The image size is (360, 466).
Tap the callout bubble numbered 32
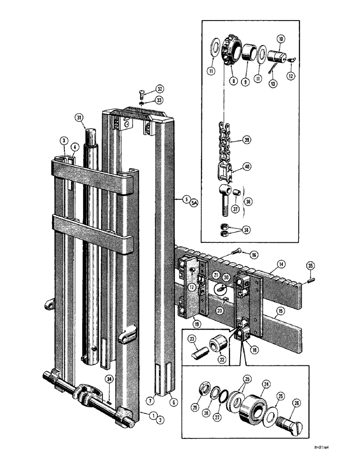pyautogui.click(x=147, y=89)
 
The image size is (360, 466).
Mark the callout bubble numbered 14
pyautogui.click(x=281, y=264)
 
